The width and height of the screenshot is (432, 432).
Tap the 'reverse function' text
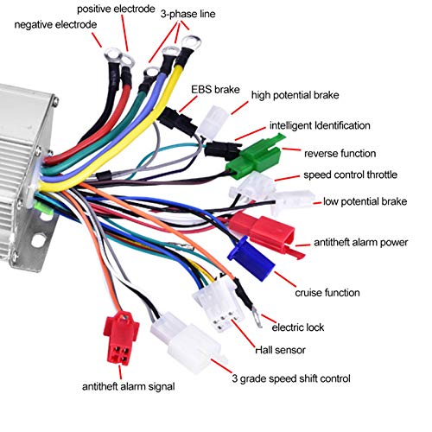(340, 153)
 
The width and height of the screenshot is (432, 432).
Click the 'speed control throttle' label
(350, 175)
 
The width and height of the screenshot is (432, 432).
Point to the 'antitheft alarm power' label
(362, 243)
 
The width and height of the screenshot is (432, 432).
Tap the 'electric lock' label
(298, 328)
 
